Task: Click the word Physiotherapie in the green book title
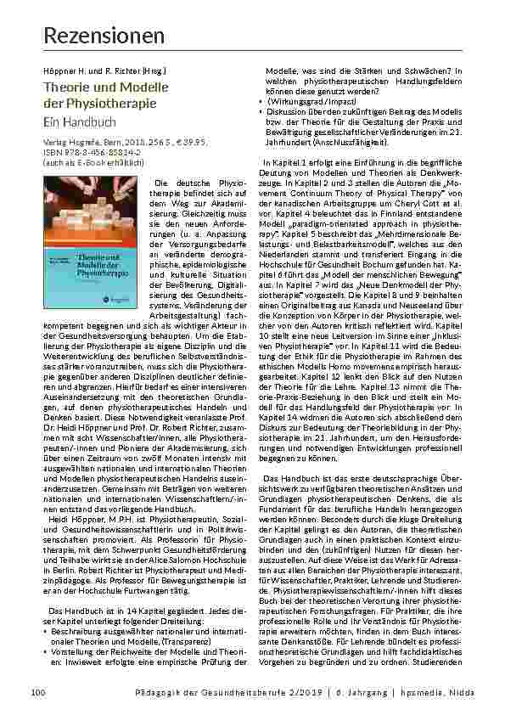click(x=120, y=103)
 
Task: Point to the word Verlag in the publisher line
click(x=53, y=144)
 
